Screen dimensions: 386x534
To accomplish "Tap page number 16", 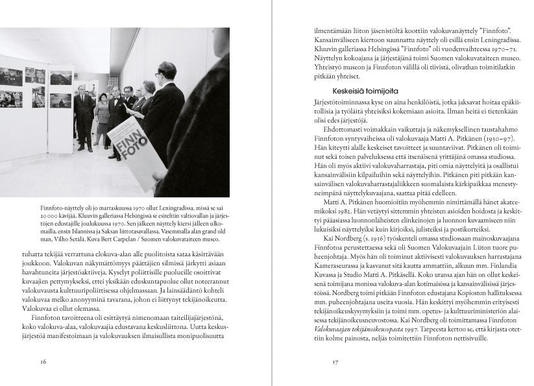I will pos(43,361).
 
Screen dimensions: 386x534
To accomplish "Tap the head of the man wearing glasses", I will pos(167,71).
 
